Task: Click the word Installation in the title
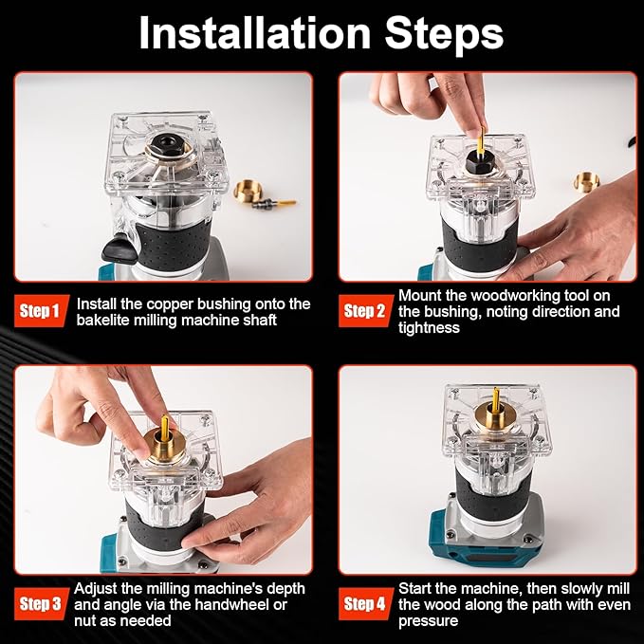point(254,33)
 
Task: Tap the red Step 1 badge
point(41,311)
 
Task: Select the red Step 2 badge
point(365,311)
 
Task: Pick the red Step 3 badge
point(41,604)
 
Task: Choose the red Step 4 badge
point(365,604)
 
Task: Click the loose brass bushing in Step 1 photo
point(247,191)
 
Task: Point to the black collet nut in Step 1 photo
point(169,146)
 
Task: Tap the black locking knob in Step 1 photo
point(119,248)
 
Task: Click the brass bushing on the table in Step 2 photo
point(586,182)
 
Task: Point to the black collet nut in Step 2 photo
point(479,162)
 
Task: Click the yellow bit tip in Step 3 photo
point(165,420)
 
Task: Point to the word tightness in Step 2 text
point(429,328)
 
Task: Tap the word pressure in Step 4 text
point(429,621)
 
